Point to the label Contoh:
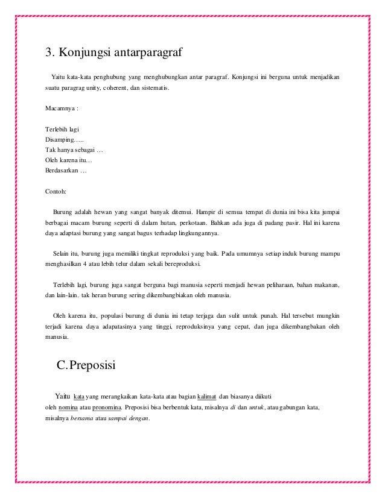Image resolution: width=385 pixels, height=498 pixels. point(56,192)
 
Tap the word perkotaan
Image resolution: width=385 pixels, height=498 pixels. point(183,223)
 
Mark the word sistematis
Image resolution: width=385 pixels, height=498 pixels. point(154,89)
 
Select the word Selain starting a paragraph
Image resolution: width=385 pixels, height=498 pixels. point(63,254)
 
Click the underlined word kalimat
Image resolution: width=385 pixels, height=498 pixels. point(207,396)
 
